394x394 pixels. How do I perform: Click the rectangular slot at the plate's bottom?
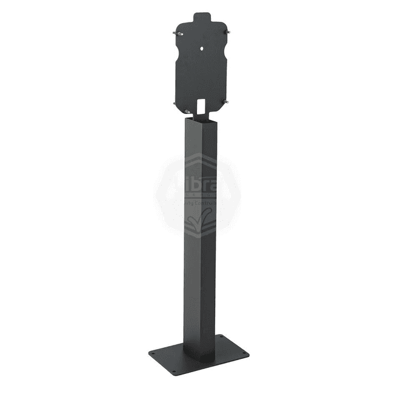point(200,105)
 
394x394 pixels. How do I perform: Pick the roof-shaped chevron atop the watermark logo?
point(197,158)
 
